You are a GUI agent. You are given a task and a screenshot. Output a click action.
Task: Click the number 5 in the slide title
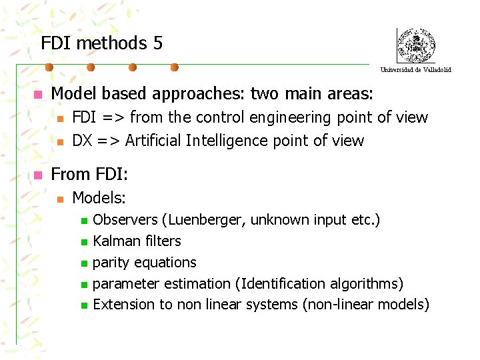tap(157, 43)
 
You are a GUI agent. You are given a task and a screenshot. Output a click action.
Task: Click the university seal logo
tap(415, 46)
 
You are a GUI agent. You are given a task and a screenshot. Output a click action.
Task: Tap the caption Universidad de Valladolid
tap(415, 69)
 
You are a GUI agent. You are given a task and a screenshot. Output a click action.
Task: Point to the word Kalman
tap(115, 241)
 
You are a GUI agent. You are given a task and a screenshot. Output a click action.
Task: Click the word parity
tap(111, 262)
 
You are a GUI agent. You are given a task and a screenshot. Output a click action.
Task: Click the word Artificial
tap(153, 141)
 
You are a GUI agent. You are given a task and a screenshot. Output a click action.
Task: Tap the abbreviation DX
tap(83, 141)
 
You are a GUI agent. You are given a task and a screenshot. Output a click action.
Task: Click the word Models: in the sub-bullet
tap(99, 197)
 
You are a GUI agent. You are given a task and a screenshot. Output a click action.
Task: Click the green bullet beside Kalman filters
tap(83, 241)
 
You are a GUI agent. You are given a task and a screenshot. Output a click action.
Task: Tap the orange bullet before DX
tap(60, 141)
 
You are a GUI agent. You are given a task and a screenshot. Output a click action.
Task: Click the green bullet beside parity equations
tap(83, 263)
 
